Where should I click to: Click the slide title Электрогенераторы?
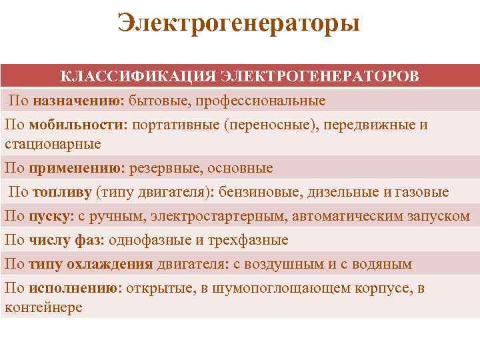[239, 23]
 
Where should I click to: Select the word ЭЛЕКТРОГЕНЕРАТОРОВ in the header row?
[319, 75]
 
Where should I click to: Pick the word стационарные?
[53, 143]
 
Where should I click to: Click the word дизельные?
[342, 193]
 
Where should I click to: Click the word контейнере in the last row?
[43, 307]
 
